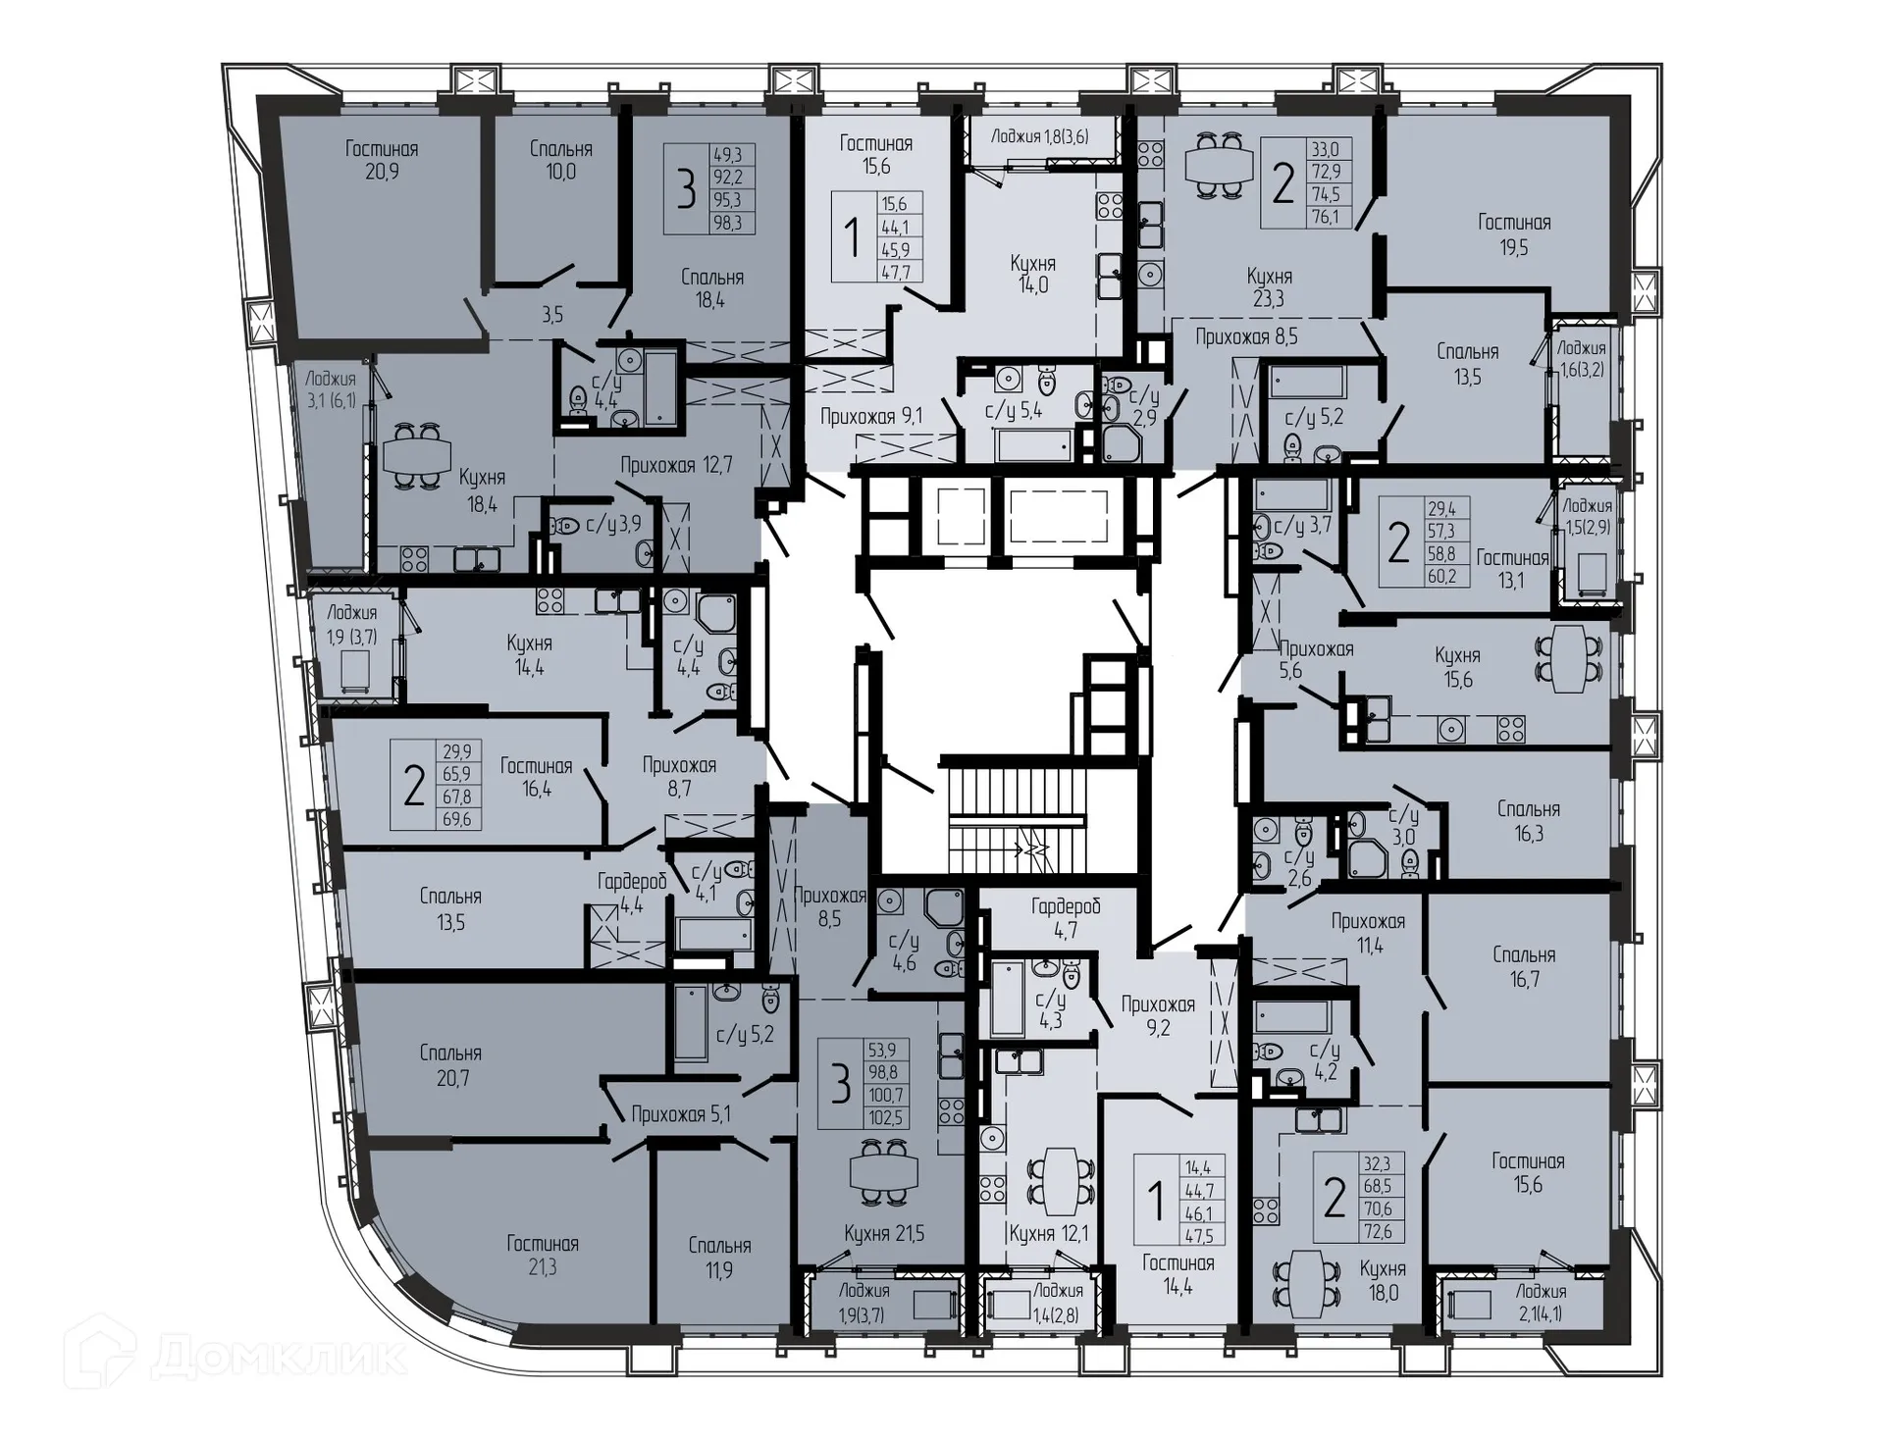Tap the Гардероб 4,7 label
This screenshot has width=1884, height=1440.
point(1066,917)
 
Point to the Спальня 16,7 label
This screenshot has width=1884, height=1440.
point(1524,966)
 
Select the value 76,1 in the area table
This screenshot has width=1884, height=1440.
point(1330,218)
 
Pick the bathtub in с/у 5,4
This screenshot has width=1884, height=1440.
point(1033,446)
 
